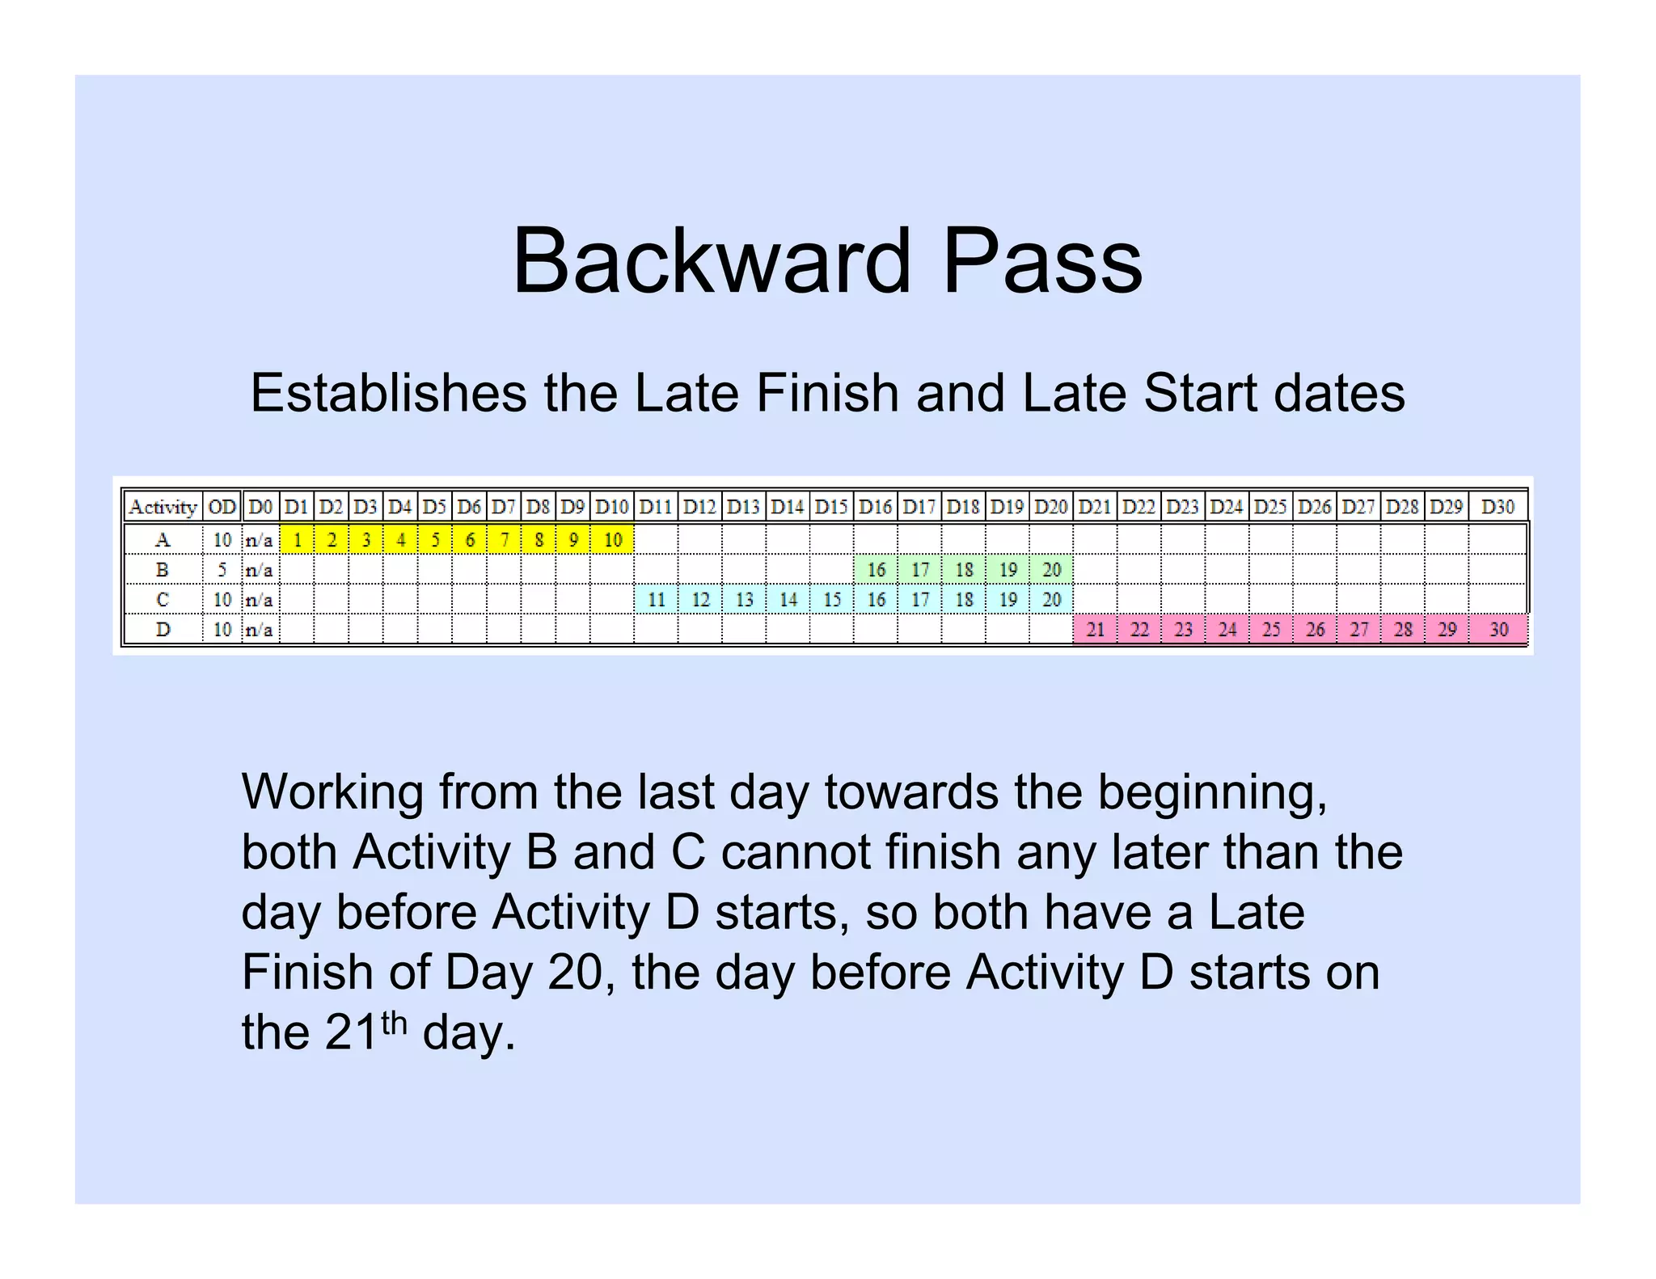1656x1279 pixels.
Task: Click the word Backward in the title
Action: (712, 261)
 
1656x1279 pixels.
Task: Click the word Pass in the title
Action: (1042, 261)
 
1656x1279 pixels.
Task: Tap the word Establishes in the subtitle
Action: (389, 394)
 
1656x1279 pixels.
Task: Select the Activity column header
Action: (163, 507)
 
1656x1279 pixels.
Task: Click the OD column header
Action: (222, 507)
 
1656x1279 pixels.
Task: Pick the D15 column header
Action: (831, 507)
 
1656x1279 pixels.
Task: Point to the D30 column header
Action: (1498, 507)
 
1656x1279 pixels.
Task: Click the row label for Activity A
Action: (163, 540)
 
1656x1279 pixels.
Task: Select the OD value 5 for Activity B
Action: (222, 570)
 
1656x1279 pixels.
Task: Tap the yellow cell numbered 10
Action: (613, 540)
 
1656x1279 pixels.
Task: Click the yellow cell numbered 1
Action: (298, 540)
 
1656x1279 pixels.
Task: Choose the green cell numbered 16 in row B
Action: (877, 570)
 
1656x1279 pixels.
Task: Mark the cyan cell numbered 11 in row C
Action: (657, 600)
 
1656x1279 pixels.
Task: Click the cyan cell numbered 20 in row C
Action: (1051, 600)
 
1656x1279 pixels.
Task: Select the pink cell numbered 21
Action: (1096, 630)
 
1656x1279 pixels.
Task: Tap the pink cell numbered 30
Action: (1498, 630)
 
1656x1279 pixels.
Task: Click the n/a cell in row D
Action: (259, 630)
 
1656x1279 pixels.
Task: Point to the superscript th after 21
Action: (393, 1024)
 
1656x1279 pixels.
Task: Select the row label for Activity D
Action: (163, 630)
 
